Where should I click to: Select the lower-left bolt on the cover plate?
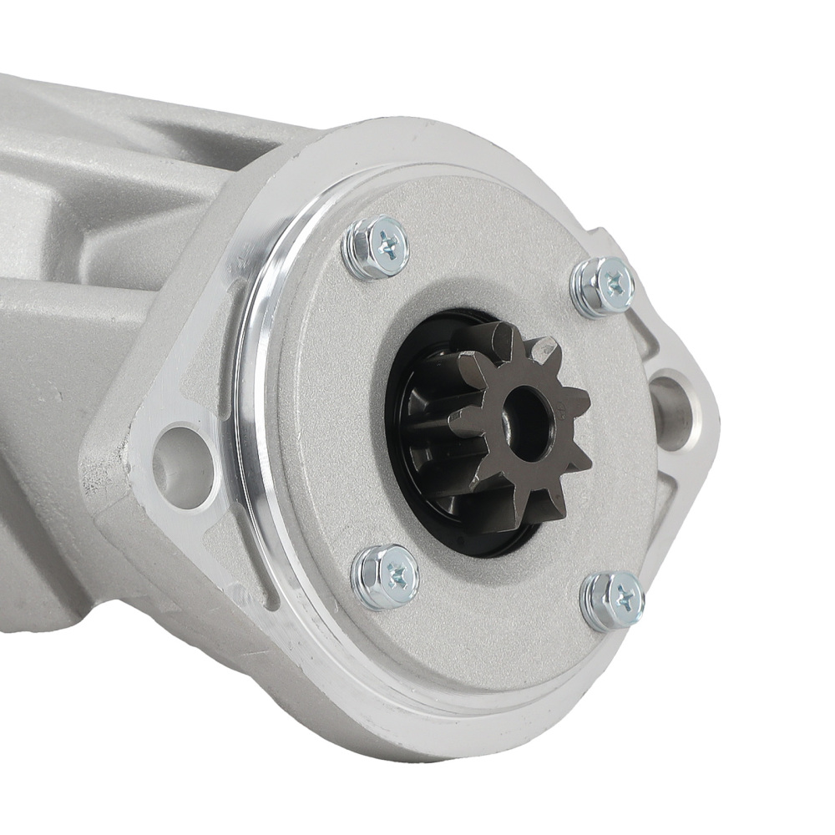click(x=385, y=576)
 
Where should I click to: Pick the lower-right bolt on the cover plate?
click(x=613, y=600)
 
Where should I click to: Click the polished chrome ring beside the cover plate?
click(x=250, y=401)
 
